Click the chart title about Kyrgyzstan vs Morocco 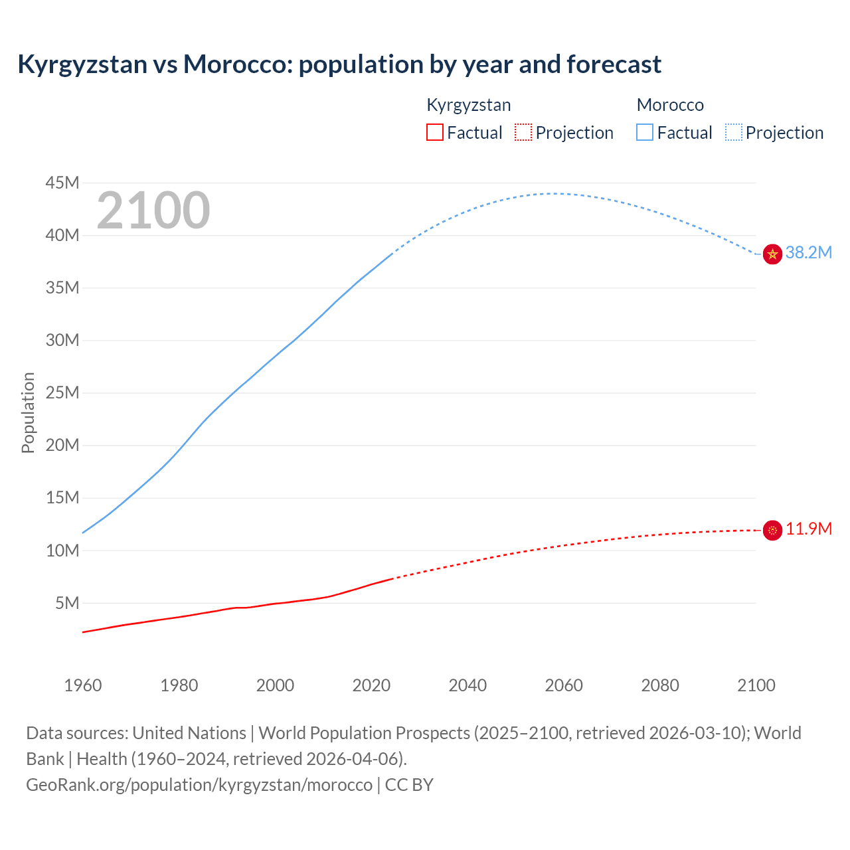click(x=339, y=64)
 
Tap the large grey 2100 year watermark click(x=153, y=211)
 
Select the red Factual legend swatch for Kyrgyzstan click(x=435, y=132)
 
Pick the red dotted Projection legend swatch click(x=523, y=132)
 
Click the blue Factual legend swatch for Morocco click(x=645, y=132)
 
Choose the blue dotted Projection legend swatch click(x=733, y=132)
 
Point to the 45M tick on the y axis click(x=62, y=183)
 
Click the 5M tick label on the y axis click(x=67, y=603)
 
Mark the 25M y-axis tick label click(x=62, y=392)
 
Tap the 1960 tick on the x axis click(x=83, y=685)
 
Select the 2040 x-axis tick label click(x=467, y=685)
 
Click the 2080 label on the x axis click(x=660, y=685)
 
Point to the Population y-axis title click(x=28, y=412)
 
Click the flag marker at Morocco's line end click(x=772, y=254)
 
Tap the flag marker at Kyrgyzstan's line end click(x=772, y=530)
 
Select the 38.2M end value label click(x=808, y=252)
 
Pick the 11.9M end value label click(x=808, y=529)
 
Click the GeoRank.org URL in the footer click(x=199, y=785)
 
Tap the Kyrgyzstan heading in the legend click(x=469, y=105)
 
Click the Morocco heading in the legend click(x=670, y=105)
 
